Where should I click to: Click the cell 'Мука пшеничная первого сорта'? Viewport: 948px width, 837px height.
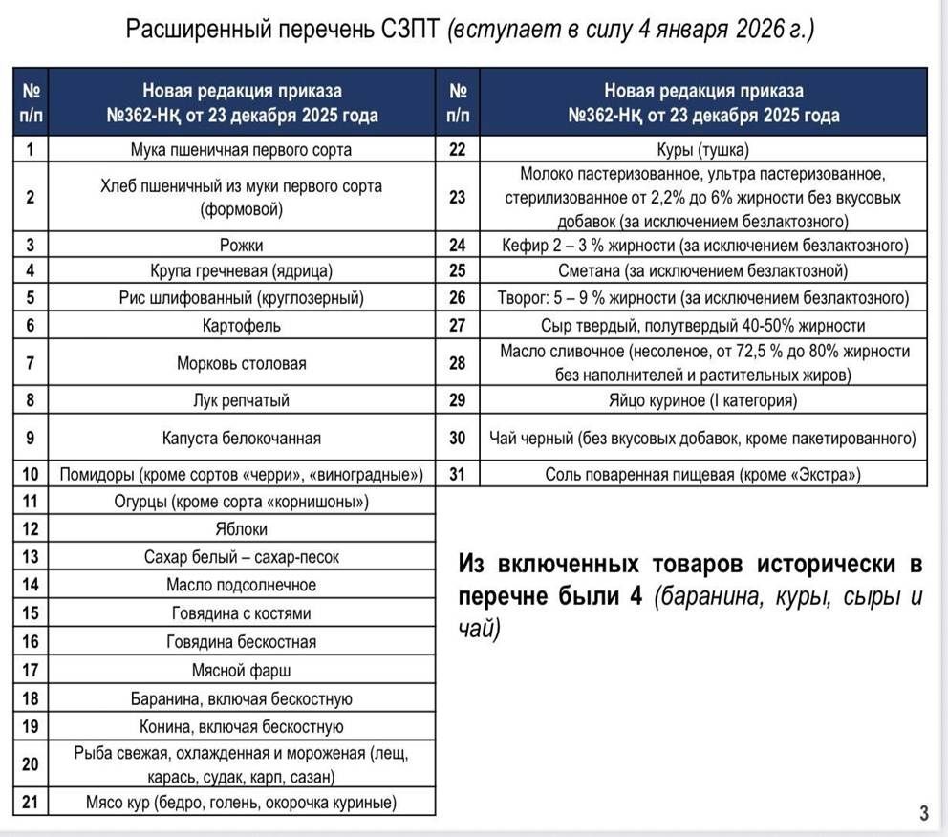(241, 149)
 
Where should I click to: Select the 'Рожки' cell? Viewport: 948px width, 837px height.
(241, 245)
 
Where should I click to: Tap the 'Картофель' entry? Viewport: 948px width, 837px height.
(241, 326)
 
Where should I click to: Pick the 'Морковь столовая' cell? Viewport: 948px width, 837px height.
(241, 363)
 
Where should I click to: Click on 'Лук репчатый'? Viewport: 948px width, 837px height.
(241, 400)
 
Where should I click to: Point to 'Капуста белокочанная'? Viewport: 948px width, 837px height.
(241, 439)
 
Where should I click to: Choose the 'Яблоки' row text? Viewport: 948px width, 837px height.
(241, 528)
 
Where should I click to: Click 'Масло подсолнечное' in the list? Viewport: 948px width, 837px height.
(241, 585)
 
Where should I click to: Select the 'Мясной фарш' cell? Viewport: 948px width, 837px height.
(241, 670)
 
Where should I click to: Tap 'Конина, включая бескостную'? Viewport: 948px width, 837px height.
(241, 727)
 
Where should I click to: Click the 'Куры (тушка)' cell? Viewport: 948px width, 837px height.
(703, 150)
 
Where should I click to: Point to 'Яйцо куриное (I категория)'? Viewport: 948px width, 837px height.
(703, 400)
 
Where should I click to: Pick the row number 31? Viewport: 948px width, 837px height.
(458, 474)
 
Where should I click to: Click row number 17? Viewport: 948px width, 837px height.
(30, 670)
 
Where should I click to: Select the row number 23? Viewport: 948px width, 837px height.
(458, 197)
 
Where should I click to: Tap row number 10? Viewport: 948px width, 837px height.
(30, 474)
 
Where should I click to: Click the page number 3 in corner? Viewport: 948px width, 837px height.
(923, 814)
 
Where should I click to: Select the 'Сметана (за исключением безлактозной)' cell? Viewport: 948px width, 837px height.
(703, 270)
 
